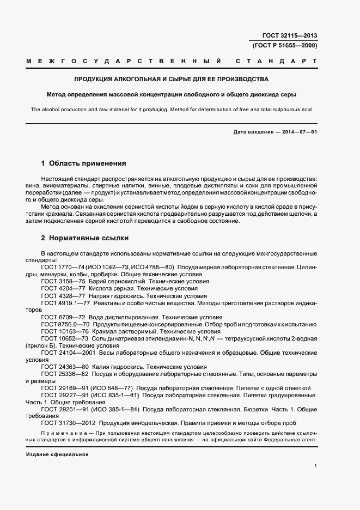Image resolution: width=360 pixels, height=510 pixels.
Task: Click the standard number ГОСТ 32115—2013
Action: pyautogui.click(x=289, y=36)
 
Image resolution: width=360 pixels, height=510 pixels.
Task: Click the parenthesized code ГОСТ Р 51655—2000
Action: pyautogui.click(x=285, y=45)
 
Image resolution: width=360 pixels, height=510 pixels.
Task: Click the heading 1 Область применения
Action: pyautogui.click(x=84, y=163)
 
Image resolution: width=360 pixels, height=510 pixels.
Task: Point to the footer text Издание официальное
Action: pyautogui.click(x=57, y=454)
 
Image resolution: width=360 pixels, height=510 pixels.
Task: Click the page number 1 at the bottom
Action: pyautogui.click(x=316, y=465)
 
